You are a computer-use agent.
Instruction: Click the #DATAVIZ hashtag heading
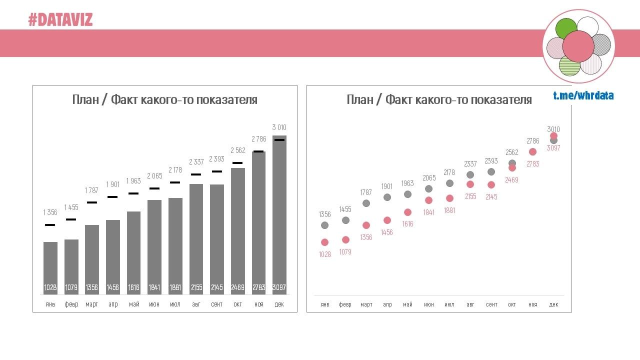pos(60,20)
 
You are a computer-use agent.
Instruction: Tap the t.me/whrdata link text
pos(583,95)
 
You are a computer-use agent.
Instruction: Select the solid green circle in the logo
pos(566,28)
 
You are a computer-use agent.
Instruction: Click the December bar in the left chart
pos(279,210)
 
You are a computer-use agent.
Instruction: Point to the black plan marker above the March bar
pos(92,202)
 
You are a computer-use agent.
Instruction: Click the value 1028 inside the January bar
pos(50,287)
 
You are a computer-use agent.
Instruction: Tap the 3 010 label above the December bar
pos(279,127)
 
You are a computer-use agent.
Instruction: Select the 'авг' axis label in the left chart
pos(196,304)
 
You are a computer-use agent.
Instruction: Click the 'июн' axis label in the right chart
pos(428,304)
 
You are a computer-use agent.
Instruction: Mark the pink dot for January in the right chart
pos(324,242)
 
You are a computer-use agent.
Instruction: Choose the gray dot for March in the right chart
pos(366,203)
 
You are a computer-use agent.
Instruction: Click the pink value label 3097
pos(553,148)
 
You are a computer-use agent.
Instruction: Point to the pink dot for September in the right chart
pos(491,185)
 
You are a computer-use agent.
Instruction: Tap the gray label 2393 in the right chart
pos(491,161)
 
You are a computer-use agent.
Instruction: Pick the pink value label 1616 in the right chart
pos(407,224)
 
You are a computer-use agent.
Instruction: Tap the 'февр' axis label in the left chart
pos(71,304)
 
